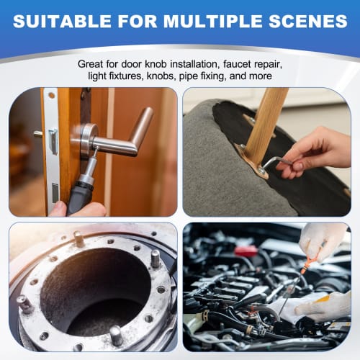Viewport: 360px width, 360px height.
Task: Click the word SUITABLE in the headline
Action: tap(60, 22)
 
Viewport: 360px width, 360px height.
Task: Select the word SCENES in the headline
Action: tap(307, 22)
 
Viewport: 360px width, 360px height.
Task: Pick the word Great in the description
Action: tap(93, 63)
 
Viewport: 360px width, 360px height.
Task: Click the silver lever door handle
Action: tap(130, 137)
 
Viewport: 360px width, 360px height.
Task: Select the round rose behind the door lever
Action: tap(88, 137)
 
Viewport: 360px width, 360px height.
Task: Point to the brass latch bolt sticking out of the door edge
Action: tap(37, 134)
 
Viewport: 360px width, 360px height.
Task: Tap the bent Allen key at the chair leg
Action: tap(270, 165)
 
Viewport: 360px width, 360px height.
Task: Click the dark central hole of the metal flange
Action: tap(94, 288)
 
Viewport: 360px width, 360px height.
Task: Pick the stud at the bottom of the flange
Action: tap(114, 335)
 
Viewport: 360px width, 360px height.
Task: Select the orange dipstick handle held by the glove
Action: tap(307, 269)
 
